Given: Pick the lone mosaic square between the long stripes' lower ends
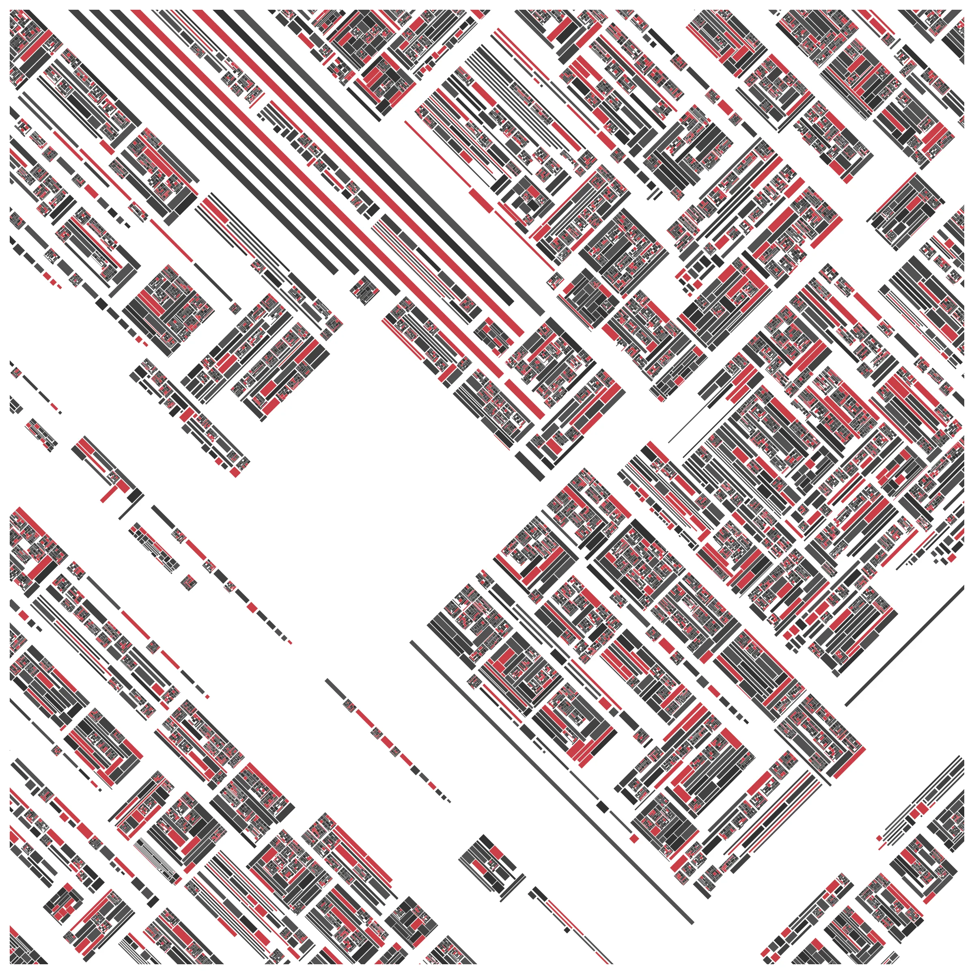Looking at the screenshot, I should pyautogui.click(x=362, y=291).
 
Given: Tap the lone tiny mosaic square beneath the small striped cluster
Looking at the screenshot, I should pyautogui.click(x=190, y=581).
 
